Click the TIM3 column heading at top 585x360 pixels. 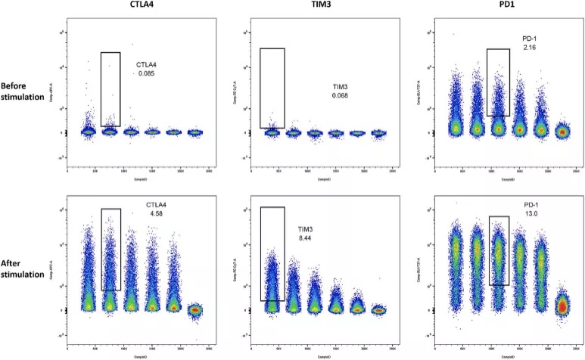[x=322, y=8]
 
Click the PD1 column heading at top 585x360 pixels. [x=503, y=8]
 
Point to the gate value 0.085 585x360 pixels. [x=146, y=73]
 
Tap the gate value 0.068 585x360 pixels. [x=339, y=96]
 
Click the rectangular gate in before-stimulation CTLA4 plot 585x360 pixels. [x=110, y=88]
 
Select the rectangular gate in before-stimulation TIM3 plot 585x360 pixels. [x=272, y=88]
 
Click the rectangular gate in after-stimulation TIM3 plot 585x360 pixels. [x=272, y=253]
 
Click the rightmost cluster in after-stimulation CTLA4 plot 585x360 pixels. [x=195, y=310]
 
